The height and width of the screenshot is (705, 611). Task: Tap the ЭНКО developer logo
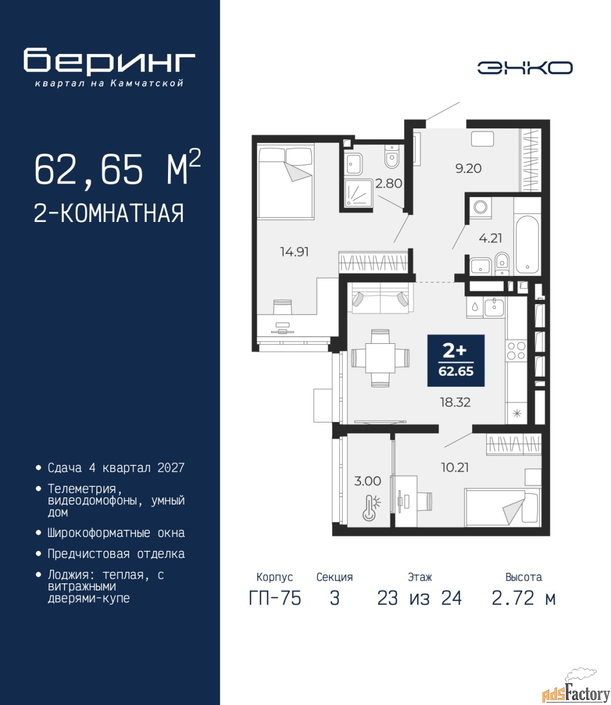click(x=525, y=68)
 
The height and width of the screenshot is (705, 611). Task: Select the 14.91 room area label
click(x=294, y=252)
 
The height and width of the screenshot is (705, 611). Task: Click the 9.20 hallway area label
click(x=468, y=168)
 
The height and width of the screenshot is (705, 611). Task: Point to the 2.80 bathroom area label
click(x=388, y=183)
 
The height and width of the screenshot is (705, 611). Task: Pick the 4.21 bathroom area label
click(x=490, y=238)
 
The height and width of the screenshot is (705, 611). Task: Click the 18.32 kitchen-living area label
click(x=455, y=402)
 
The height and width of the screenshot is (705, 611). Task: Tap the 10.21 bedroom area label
click(x=455, y=467)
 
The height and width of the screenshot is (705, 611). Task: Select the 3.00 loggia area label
click(x=367, y=481)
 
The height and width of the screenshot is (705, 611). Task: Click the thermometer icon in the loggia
click(x=371, y=508)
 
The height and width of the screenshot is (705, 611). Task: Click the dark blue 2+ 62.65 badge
click(x=456, y=361)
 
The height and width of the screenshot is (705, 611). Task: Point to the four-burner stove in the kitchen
click(x=516, y=351)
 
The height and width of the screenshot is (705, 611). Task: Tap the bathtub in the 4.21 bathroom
click(x=527, y=245)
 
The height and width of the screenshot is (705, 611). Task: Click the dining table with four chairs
click(x=380, y=358)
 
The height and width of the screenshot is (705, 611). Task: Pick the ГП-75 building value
click(x=275, y=608)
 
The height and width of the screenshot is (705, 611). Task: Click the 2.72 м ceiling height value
click(x=523, y=608)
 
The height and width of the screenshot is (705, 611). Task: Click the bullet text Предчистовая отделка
click(x=116, y=554)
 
